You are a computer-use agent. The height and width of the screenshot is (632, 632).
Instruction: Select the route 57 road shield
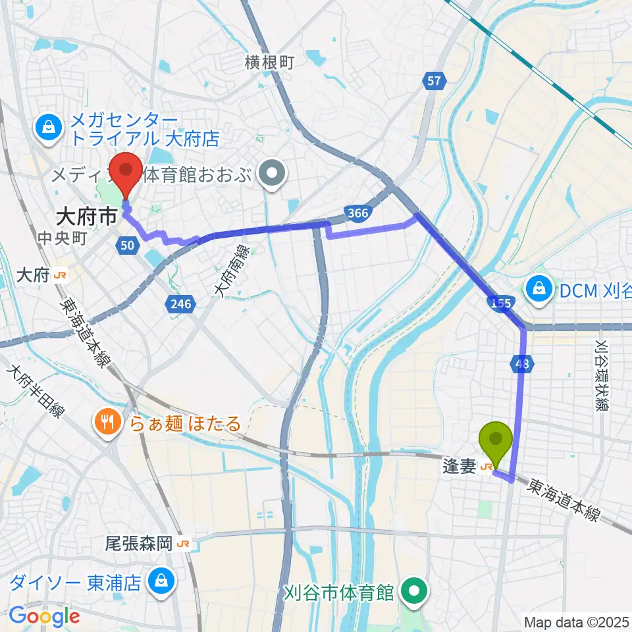433,81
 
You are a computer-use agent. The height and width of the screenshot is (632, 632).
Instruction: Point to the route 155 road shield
500,302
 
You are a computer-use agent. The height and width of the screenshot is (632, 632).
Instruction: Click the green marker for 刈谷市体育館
415,591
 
